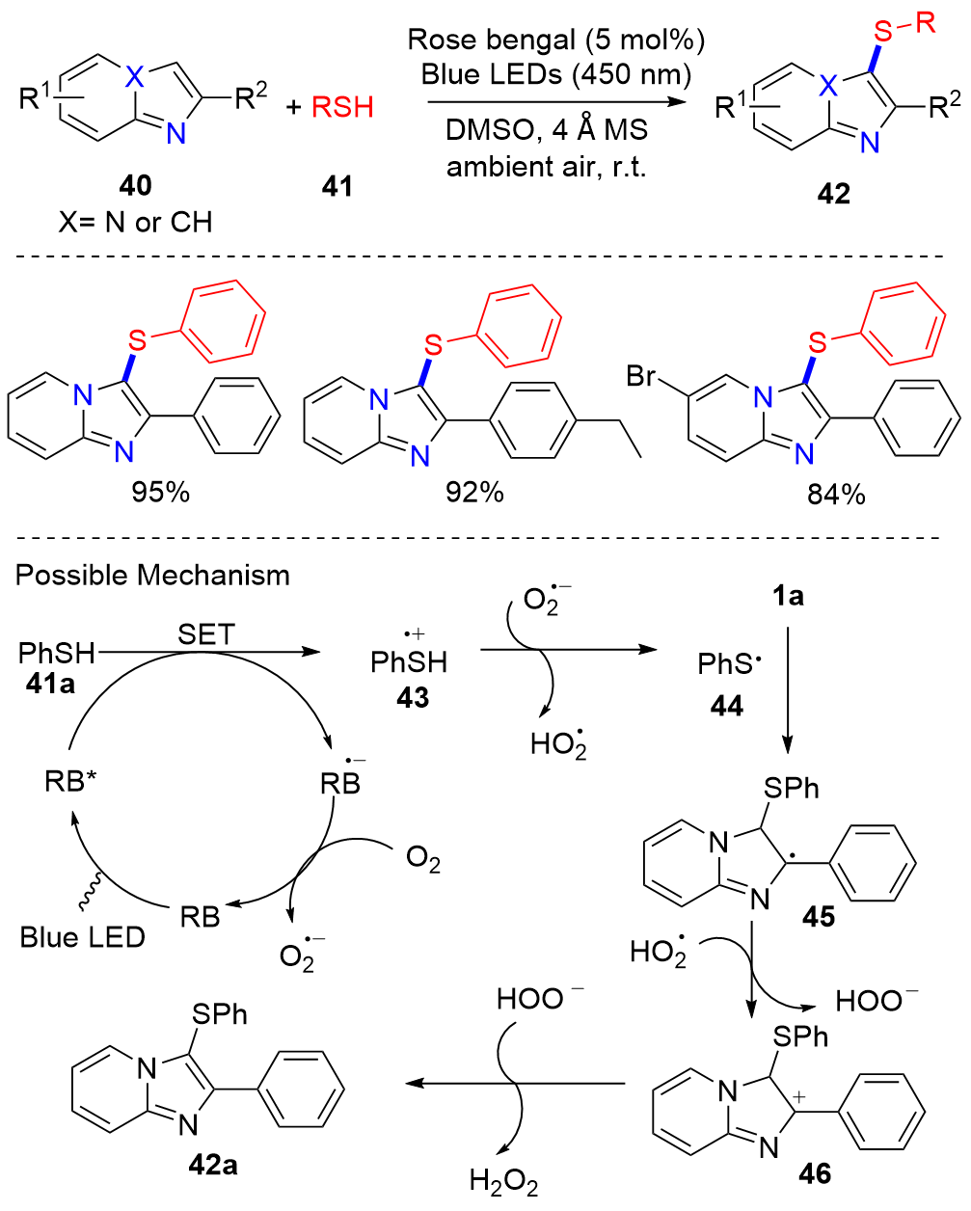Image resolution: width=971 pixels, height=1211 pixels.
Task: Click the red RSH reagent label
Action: (x=342, y=106)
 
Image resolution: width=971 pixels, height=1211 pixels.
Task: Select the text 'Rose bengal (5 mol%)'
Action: (x=556, y=40)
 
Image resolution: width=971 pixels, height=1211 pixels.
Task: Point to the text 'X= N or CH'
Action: (x=135, y=223)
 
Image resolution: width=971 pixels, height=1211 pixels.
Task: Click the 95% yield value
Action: (x=161, y=492)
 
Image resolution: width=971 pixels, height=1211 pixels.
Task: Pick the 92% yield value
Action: (x=474, y=492)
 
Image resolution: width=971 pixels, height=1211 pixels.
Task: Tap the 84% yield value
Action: (x=836, y=495)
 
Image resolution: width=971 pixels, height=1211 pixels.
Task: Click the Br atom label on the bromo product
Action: (x=641, y=375)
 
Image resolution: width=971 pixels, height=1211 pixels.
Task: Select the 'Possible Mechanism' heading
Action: (x=152, y=576)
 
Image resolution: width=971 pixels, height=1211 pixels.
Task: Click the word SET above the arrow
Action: (x=206, y=633)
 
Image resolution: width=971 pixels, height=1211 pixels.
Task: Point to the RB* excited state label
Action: (x=71, y=781)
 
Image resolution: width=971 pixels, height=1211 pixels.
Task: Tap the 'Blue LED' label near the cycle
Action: (x=83, y=936)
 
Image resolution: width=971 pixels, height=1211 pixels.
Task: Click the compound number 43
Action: (x=412, y=697)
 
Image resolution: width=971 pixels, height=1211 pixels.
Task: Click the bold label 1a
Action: (x=788, y=597)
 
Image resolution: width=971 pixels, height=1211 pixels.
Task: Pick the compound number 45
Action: (x=819, y=916)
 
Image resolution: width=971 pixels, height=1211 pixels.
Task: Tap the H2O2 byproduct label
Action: (x=503, y=1181)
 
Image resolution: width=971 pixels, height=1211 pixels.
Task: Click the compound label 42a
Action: (x=213, y=1165)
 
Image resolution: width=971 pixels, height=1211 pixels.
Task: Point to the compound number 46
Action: (x=815, y=1173)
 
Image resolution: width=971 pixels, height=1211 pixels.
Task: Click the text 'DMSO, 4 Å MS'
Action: (x=547, y=130)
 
